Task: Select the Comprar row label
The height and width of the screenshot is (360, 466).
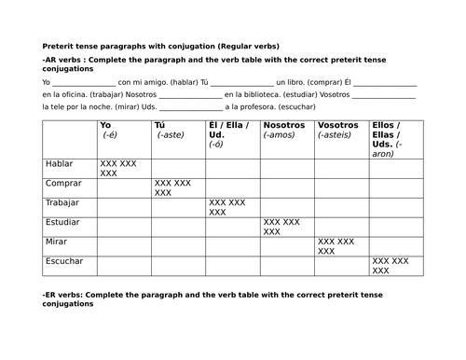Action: click(62, 184)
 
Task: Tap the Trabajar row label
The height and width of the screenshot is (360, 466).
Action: click(62, 203)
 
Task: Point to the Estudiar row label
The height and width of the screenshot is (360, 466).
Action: click(62, 223)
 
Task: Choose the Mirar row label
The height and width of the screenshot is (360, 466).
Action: click(56, 242)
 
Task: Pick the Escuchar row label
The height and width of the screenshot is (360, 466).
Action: click(63, 262)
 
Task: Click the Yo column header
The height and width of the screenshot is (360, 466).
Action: click(105, 125)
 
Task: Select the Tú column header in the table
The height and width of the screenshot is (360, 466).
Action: click(160, 125)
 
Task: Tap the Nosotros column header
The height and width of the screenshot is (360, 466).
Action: click(284, 125)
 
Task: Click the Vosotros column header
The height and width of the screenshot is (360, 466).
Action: click(338, 125)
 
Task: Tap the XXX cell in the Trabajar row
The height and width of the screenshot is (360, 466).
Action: click(227, 208)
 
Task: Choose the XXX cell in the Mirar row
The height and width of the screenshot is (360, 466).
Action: click(336, 247)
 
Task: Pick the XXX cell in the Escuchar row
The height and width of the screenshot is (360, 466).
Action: click(391, 267)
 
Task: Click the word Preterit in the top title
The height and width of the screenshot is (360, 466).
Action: click(60, 46)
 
